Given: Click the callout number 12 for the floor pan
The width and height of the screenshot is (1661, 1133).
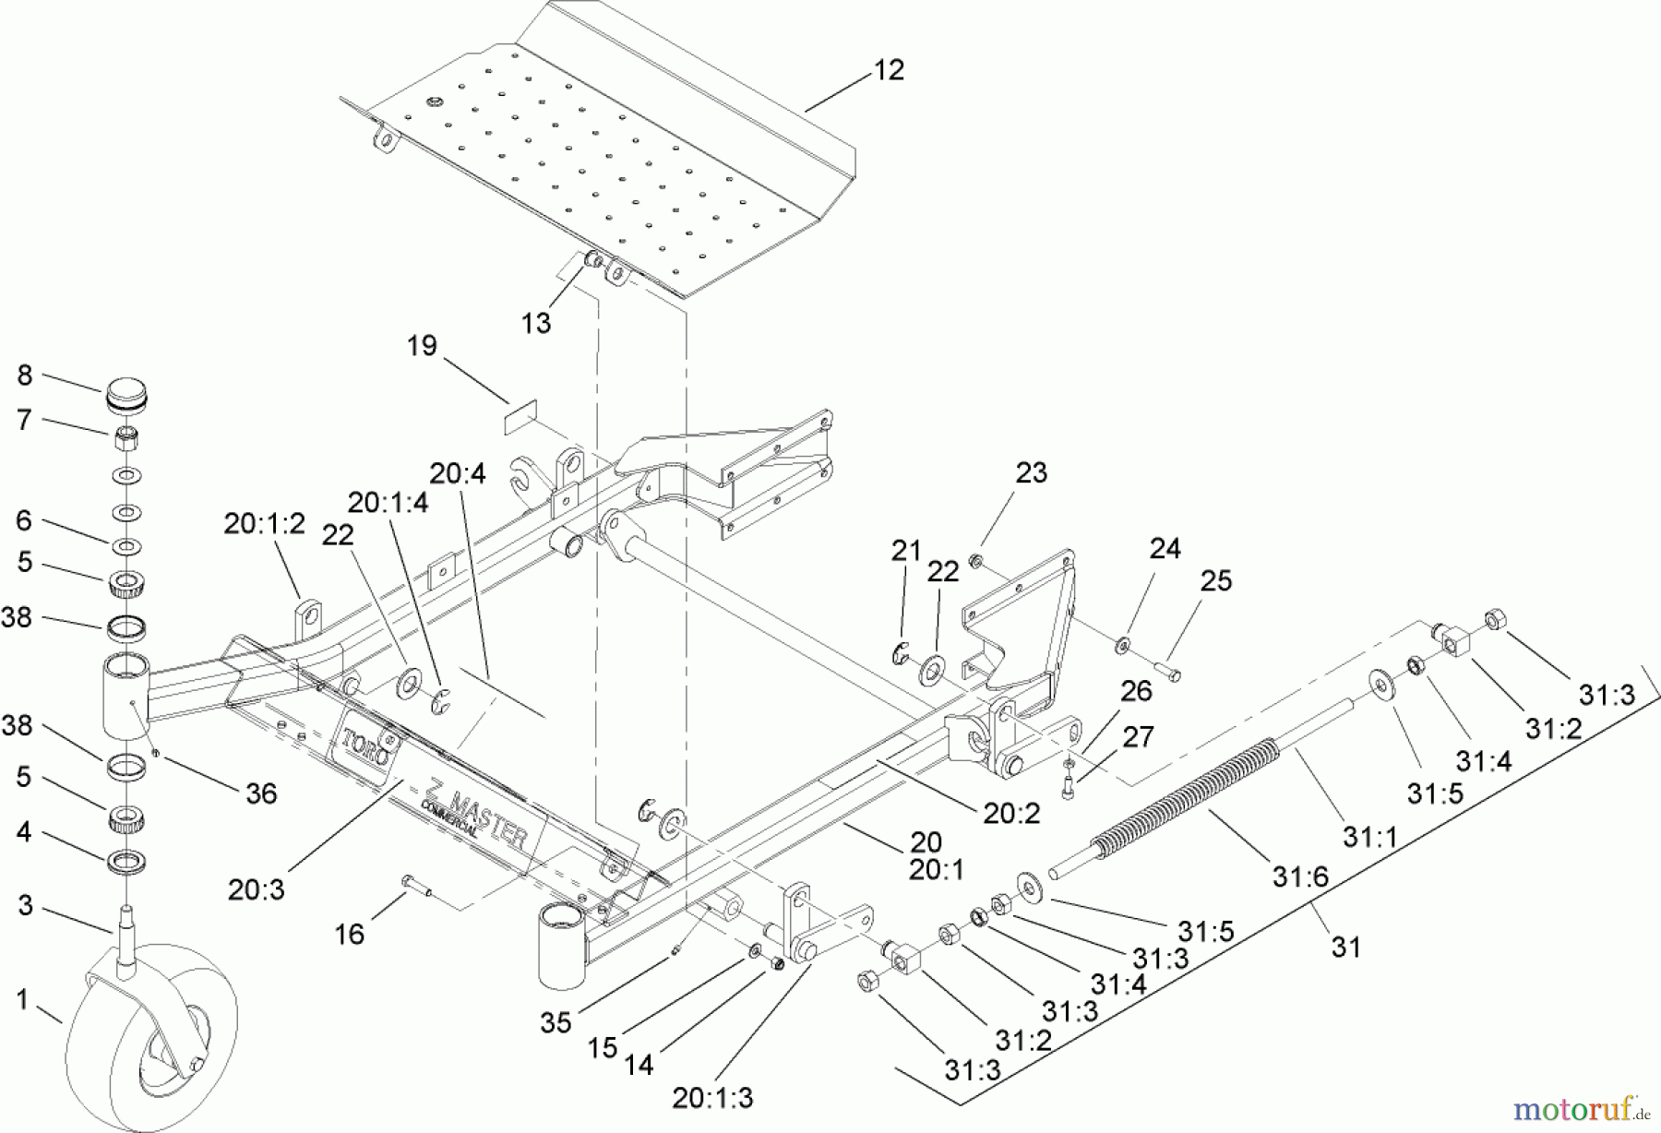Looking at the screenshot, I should (889, 70).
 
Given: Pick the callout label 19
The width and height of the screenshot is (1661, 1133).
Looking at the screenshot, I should (422, 346).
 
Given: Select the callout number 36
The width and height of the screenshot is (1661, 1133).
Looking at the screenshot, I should (261, 793).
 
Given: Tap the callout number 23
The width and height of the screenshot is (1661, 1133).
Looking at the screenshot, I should (1031, 472).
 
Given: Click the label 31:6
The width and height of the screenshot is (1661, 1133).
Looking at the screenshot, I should (1299, 876).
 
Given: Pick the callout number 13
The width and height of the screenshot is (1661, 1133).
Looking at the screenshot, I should (535, 323).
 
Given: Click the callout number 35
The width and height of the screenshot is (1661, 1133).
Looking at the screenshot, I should (556, 1022).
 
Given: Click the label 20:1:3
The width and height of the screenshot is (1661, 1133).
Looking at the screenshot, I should (712, 1098).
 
